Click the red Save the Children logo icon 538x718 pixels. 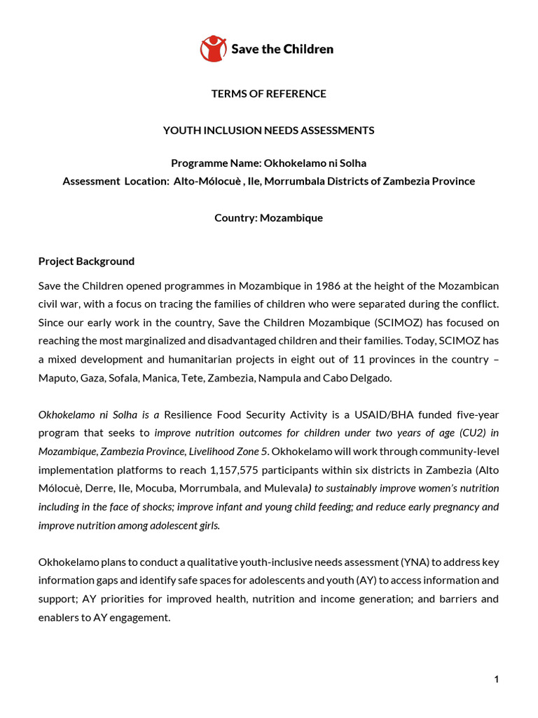[214, 48]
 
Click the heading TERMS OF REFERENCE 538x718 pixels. [269, 93]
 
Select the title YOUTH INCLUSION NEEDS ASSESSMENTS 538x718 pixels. [269, 130]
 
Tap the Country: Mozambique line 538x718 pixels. [269, 217]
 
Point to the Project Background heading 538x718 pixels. [86, 261]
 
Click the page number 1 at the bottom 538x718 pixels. [496, 679]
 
